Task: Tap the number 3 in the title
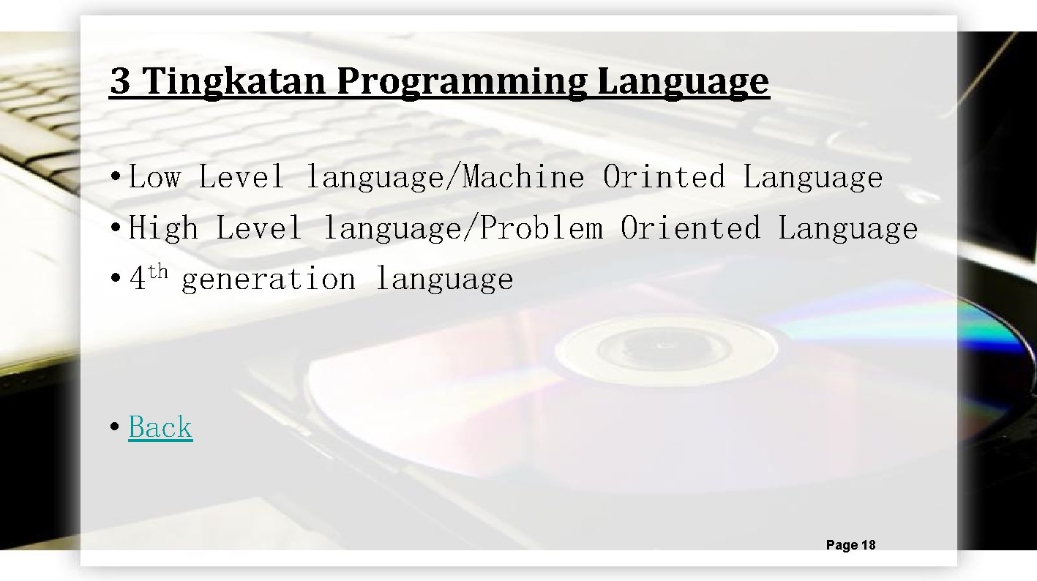click(x=120, y=82)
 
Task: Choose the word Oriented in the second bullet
click(x=690, y=229)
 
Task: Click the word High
click(x=162, y=229)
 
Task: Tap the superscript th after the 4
click(x=158, y=273)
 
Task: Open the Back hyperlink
click(x=160, y=427)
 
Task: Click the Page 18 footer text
click(x=850, y=545)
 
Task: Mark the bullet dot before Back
click(x=114, y=428)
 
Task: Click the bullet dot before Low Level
click(x=114, y=179)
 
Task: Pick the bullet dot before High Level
click(x=114, y=230)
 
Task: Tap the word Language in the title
click(x=684, y=82)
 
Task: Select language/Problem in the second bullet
click(x=463, y=229)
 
